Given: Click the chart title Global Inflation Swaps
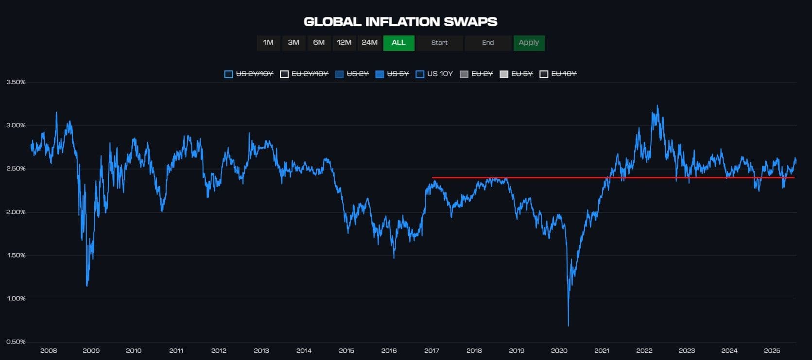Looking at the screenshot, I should [400, 22].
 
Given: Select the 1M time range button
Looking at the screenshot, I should [268, 43].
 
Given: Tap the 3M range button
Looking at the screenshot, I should [294, 43].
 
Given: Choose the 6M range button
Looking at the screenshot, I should [319, 43].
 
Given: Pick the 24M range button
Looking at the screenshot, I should [369, 43].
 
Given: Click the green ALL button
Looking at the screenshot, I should [398, 43].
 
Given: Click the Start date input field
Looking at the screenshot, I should [439, 43].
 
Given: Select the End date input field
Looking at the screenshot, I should [488, 43].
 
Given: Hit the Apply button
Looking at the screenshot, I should [529, 43].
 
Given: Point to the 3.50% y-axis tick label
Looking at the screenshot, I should [16, 82].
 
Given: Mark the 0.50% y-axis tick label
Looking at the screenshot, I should [16, 342].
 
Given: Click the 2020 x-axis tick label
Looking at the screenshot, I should [559, 351].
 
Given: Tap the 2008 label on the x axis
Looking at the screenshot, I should [49, 351].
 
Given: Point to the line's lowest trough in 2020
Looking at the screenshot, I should [568, 326].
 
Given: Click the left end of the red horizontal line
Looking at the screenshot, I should [433, 178].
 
